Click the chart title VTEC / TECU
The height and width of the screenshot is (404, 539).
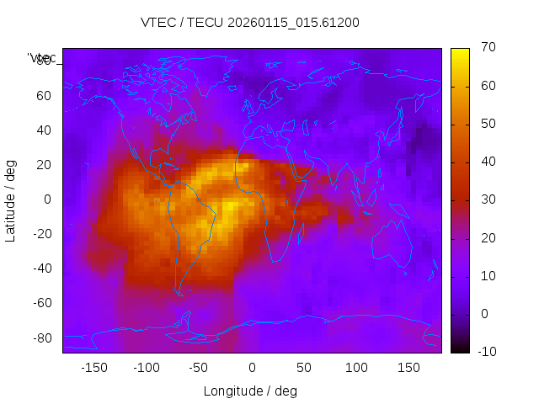[250, 23]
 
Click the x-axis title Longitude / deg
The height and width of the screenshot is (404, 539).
[250, 391]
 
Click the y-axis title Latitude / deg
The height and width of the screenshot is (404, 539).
[11, 199]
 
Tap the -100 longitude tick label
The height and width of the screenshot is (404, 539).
[147, 368]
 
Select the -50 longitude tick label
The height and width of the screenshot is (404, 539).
[199, 368]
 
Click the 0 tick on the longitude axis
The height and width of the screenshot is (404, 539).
[252, 368]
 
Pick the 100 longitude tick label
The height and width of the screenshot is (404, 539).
[356, 368]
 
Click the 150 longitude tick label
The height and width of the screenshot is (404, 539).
[408, 368]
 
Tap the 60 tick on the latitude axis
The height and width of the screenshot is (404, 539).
[44, 95]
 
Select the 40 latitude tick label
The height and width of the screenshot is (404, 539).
[44, 130]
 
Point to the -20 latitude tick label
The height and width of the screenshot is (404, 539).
[41, 234]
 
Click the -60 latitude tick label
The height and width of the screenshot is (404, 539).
[41, 303]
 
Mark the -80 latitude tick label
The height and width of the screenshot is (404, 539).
[41, 338]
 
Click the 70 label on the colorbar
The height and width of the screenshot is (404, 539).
[487, 48]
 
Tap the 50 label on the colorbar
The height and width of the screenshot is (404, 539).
[487, 124]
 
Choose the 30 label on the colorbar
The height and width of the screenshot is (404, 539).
[487, 199]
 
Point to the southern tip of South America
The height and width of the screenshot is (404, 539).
[179, 294]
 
